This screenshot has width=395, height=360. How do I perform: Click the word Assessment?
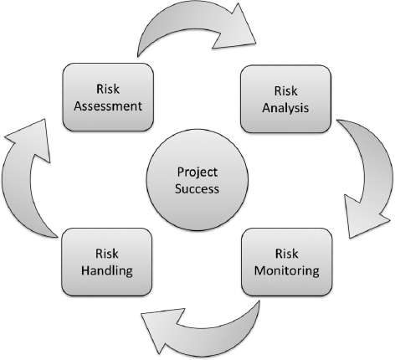pyautogui.click(x=108, y=106)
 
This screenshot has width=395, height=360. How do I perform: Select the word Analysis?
pyautogui.click(x=285, y=108)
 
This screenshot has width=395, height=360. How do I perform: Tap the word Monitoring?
pyautogui.click(x=287, y=271)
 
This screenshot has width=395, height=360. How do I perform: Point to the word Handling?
pyautogui.click(x=107, y=270)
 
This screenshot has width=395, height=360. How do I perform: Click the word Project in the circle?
pyautogui.click(x=197, y=172)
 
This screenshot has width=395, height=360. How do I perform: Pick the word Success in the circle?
pyautogui.click(x=197, y=189)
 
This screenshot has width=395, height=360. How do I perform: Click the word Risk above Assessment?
pyautogui.click(x=108, y=89)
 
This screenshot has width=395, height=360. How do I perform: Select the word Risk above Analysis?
pyautogui.click(x=285, y=91)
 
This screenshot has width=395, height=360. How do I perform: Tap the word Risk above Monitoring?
pyautogui.click(x=287, y=254)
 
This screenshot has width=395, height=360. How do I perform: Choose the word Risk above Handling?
pyautogui.click(x=107, y=254)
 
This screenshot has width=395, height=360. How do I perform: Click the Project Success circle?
pyautogui.click(x=197, y=180)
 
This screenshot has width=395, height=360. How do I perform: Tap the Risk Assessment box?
pyautogui.click(x=108, y=97)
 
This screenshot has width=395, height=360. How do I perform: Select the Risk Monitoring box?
pyautogui.click(x=287, y=262)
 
